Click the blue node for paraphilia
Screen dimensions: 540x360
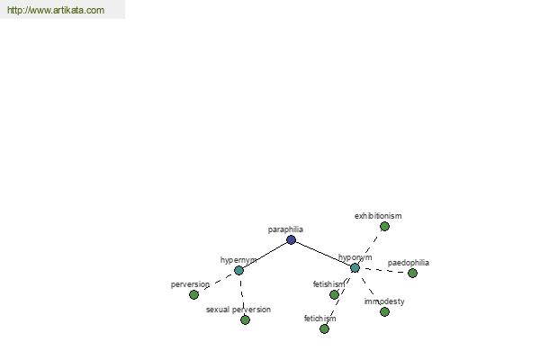click(291, 239)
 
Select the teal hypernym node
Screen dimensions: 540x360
click(238, 270)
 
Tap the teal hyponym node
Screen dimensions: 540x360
click(355, 267)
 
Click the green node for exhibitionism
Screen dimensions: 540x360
click(384, 226)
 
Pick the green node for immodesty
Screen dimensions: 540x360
click(384, 311)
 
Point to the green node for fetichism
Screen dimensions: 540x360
click(324, 329)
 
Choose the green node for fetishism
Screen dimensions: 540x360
click(334, 294)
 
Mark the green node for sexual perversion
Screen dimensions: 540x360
click(245, 320)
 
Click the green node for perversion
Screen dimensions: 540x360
click(193, 294)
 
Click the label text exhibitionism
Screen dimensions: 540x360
click(378, 216)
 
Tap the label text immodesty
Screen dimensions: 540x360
click(384, 301)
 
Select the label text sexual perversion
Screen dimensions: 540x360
click(238, 310)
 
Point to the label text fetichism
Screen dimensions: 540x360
click(319, 319)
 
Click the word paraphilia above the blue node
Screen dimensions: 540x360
click(285, 229)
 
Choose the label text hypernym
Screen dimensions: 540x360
click(238, 260)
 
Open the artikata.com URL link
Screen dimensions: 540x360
click(56, 10)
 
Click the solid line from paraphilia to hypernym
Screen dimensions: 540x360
click(265, 256)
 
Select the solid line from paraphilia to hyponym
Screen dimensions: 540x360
click(323, 254)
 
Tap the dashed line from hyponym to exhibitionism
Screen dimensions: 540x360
click(370, 247)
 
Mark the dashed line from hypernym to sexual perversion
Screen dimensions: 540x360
click(242, 295)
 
